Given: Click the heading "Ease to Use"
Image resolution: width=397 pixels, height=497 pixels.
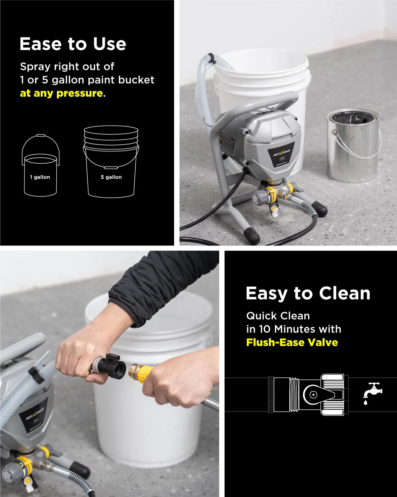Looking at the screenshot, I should [73, 44].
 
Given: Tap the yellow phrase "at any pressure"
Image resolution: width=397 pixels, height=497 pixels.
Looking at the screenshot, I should [62, 93].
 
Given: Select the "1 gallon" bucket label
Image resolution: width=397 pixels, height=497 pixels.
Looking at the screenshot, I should [40, 177].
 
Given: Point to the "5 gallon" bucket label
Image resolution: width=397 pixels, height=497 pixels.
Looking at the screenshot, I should [111, 177].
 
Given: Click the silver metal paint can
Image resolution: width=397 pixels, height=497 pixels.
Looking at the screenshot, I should [353, 146].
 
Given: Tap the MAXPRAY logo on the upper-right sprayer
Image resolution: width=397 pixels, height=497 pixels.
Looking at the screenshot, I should [282, 153].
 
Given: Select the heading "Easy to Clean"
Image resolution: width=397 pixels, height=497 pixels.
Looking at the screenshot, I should [308, 294].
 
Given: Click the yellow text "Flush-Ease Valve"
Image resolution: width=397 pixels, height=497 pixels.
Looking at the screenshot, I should [292, 342].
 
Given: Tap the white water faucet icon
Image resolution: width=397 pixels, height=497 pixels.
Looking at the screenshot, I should [372, 393].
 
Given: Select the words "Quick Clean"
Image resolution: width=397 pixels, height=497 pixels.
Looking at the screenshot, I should [278, 316].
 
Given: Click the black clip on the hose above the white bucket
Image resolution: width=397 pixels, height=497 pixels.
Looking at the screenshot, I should [212, 61].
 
